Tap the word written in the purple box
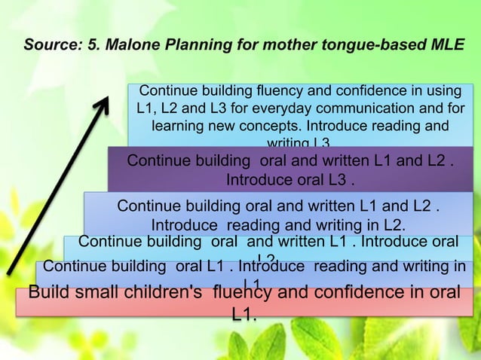pyautogui.click(x=329, y=162)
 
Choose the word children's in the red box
pyautogui.click(x=161, y=294)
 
